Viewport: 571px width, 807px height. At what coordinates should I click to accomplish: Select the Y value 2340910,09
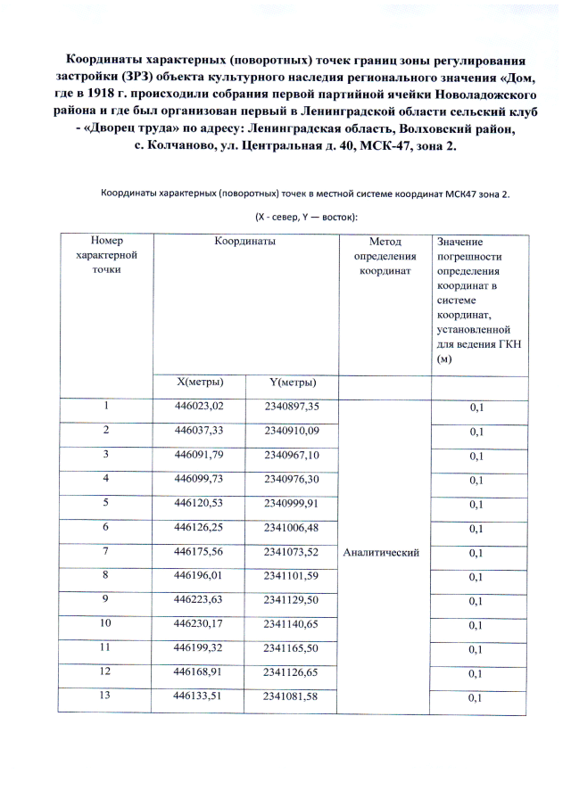292,432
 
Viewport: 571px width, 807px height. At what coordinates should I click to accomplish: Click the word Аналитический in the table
381,553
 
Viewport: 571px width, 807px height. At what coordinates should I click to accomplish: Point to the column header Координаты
244,242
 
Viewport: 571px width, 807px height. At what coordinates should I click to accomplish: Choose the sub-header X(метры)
200,383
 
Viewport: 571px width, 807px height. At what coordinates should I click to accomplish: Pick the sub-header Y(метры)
292,383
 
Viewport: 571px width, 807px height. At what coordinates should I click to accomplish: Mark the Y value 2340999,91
292,504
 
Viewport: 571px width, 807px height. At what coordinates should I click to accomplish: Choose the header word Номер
105,242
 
